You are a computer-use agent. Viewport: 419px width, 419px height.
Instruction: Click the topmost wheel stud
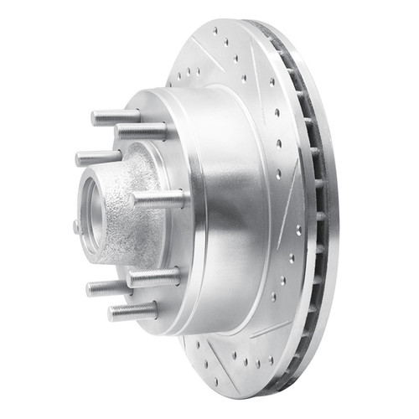[116, 116]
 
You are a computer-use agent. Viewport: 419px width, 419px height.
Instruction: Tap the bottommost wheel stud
[132, 312]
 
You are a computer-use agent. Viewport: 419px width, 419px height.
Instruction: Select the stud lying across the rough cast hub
[158, 199]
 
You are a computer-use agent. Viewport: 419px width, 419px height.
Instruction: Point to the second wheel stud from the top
[142, 131]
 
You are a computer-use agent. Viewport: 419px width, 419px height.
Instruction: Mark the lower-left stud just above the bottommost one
[109, 288]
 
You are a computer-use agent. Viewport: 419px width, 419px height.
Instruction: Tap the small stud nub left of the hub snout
[77, 225]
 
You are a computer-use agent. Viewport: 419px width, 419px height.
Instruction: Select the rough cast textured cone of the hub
[134, 226]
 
